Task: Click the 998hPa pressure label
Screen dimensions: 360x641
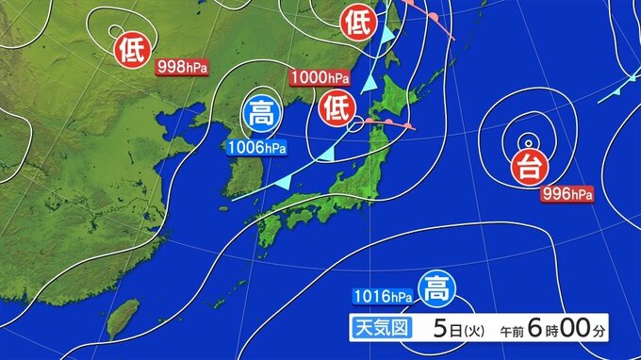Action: click(x=181, y=66)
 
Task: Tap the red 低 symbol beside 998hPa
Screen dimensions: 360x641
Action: click(x=132, y=49)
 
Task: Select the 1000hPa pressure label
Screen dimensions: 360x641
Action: click(x=317, y=77)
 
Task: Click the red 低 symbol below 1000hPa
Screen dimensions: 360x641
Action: click(x=337, y=107)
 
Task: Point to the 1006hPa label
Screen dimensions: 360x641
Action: click(x=256, y=147)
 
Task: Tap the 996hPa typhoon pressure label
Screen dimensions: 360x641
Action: click(x=567, y=194)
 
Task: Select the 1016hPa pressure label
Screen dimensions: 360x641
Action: click(x=384, y=297)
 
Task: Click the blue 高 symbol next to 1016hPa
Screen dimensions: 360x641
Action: click(x=435, y=286)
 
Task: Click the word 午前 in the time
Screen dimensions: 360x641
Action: click(x=509, y=332)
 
